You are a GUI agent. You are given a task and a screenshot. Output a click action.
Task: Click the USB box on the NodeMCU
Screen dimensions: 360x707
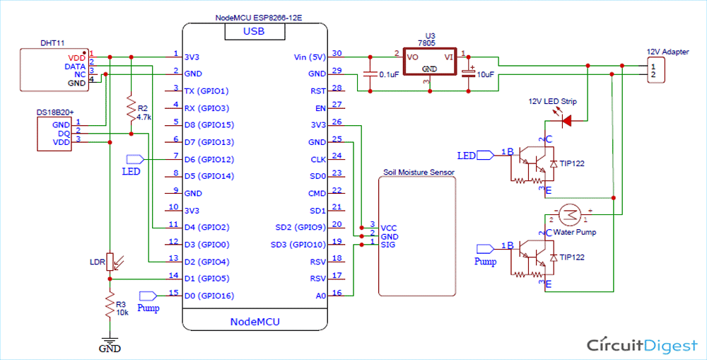click(x=255, y=31)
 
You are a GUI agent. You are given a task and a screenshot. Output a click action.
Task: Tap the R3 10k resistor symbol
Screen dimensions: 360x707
click(x=110, y=306)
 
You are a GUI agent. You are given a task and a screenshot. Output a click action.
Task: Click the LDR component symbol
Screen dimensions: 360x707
click(x=110, y=261)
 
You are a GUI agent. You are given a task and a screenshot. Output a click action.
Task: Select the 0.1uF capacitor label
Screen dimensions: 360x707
click(x=392, y=74)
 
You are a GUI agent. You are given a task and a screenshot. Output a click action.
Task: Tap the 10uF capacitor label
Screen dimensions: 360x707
click(x=485, y=74)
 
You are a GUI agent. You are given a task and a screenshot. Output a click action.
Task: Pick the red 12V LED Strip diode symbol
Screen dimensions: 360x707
click(x=566, y=121)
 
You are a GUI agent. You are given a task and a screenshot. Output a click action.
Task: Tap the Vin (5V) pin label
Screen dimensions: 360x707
click(x=308, y=57)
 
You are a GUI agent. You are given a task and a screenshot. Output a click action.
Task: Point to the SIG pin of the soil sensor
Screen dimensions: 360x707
click(x=388, y=245)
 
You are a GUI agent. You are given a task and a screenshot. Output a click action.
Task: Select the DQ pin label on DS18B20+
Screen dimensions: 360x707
click(x=64, y=133)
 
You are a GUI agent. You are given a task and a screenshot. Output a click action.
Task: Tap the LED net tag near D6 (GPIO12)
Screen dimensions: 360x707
click(x=135, y=159)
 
